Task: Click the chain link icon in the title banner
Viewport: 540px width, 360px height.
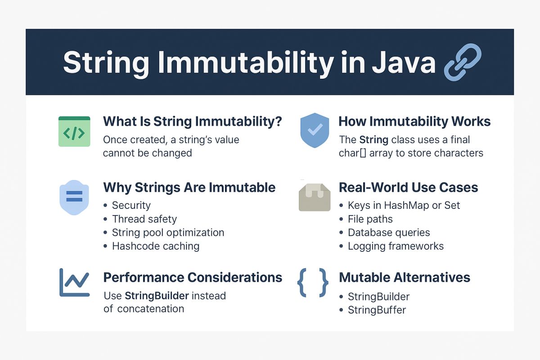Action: coord(463,62)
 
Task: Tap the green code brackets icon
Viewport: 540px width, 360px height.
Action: coord(74,131)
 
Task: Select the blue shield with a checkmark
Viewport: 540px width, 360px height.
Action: coord(315,130)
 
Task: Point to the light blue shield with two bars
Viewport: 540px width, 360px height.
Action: coord(74,198)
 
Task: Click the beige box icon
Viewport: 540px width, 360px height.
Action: coord(315,197)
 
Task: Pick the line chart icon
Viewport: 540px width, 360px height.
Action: coord(75,282)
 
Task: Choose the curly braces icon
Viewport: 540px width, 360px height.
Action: coord(313,283)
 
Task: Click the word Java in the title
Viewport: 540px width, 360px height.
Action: coord(404,62)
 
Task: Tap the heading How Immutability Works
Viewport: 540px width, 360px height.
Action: coord(414,121)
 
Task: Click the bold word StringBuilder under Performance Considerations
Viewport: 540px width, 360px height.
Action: coord(157,296)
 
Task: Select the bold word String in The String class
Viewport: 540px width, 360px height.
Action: coord(373,140)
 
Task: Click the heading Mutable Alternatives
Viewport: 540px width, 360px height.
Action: coord(405,277)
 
